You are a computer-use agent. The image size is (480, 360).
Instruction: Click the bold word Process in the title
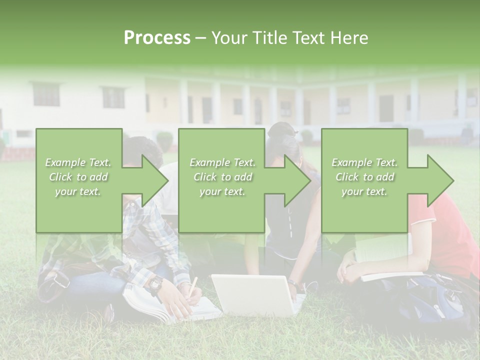[157, 38]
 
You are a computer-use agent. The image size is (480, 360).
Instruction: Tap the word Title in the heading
[269, 38]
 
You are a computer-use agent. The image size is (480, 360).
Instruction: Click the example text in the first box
[78, 177]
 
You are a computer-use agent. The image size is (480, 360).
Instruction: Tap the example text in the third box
[364, 177]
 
